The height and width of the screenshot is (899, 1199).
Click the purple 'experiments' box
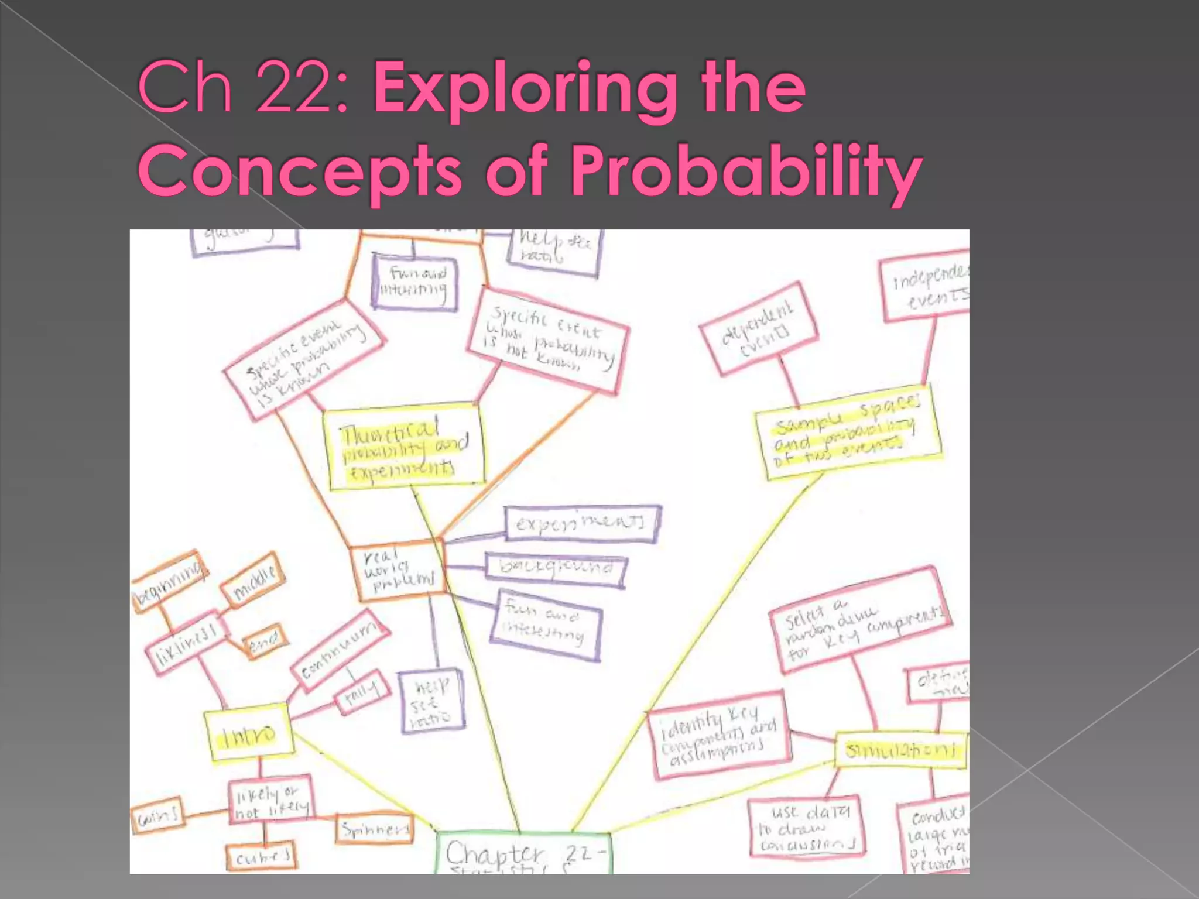(582, 523)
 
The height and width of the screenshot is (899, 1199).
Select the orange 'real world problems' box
(398, 572)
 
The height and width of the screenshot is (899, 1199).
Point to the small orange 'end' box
(265, 641)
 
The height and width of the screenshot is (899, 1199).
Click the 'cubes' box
(261, 857)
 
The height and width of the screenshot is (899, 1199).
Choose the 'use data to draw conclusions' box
(807, 826)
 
